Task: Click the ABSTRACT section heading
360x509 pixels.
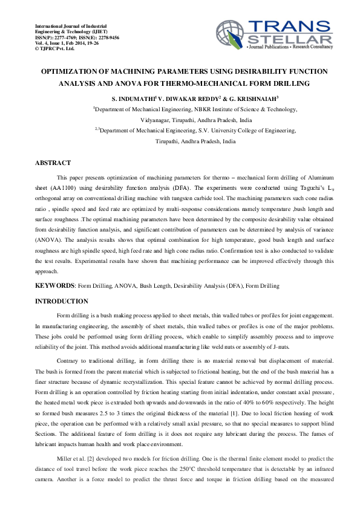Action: pyautogui.click(x=53, y=163)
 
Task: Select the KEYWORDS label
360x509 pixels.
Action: pyautogui.click(x=54, y=285)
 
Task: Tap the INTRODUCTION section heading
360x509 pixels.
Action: pyautogui.click(x=61, y=301)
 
